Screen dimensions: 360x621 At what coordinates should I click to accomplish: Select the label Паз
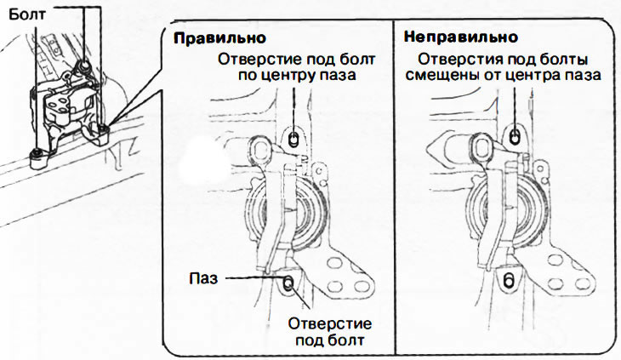point(202,277)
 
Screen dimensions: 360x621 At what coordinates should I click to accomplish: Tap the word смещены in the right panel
point(447,75)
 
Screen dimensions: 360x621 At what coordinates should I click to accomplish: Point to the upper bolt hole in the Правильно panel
point(293,138)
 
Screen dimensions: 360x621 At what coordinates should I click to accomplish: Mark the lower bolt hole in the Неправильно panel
point(509,280)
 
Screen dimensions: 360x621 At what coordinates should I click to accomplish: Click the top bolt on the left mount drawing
point(84,63)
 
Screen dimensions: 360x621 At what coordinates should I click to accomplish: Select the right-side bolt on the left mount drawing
point(103,130)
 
